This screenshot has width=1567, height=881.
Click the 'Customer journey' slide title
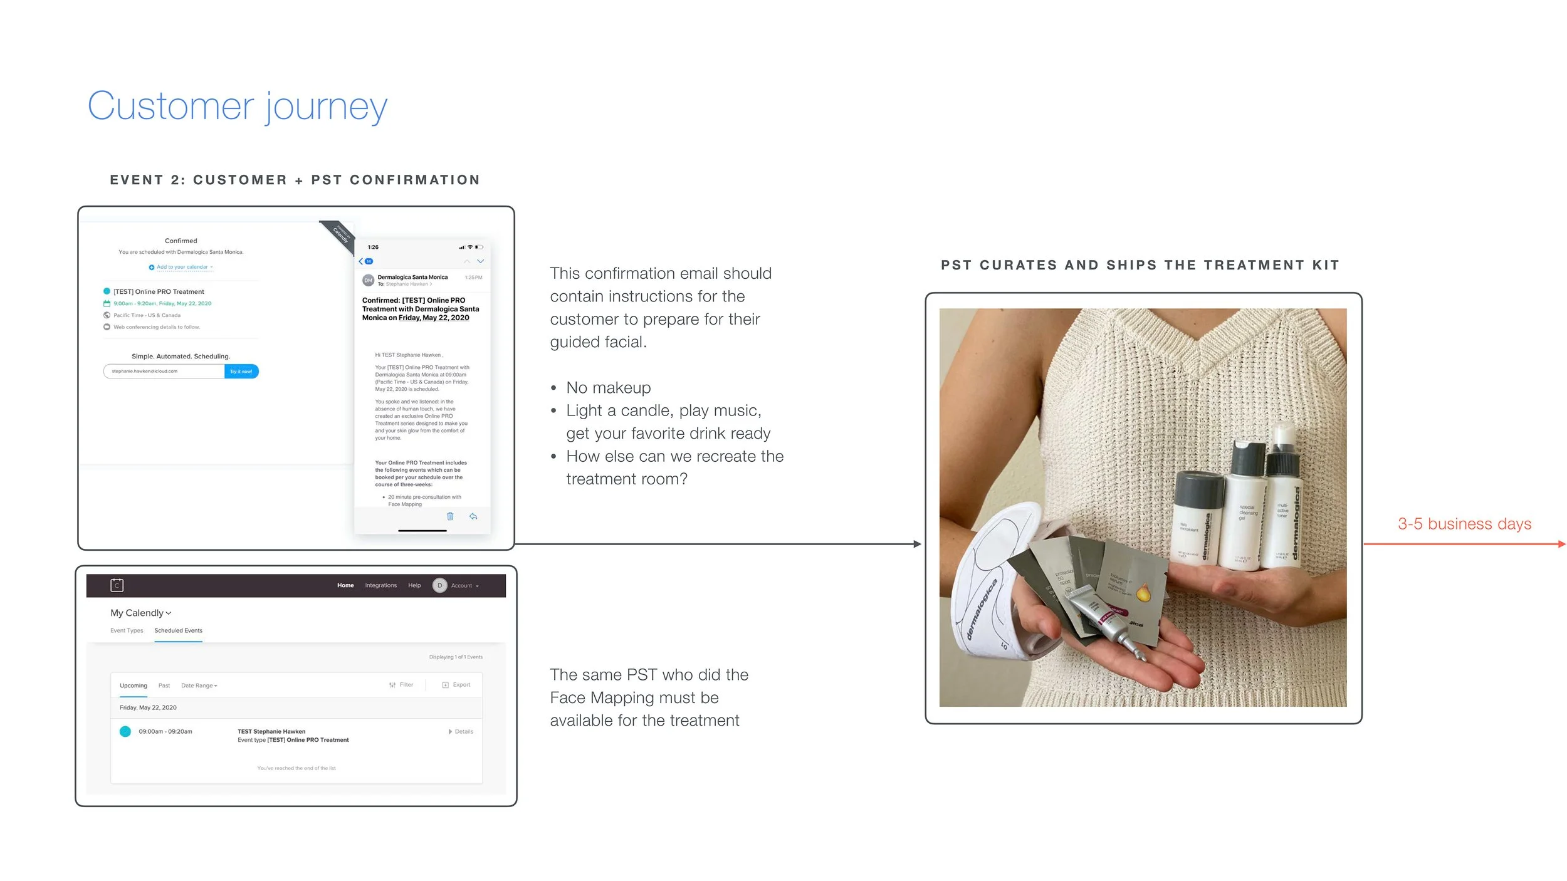(237, 107)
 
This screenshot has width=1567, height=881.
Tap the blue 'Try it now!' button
(241, 372)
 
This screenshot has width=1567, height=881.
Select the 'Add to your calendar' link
(182, 267)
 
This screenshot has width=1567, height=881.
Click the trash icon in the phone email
(450, 516)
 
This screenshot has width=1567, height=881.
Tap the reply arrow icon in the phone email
(473, 516)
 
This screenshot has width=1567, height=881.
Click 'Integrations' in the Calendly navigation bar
(380, 585)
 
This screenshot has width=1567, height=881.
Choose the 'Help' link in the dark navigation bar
(414, 585)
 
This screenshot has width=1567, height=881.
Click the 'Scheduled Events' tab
(178, 630)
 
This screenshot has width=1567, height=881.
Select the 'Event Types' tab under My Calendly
(127, 630)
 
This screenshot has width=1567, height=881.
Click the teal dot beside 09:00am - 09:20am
(125, 731)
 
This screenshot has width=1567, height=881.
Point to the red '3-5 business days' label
(1464, 524)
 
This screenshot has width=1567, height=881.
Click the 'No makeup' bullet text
(608, 388)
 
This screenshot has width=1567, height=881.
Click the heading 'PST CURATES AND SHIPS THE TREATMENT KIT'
(1140, 265)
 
